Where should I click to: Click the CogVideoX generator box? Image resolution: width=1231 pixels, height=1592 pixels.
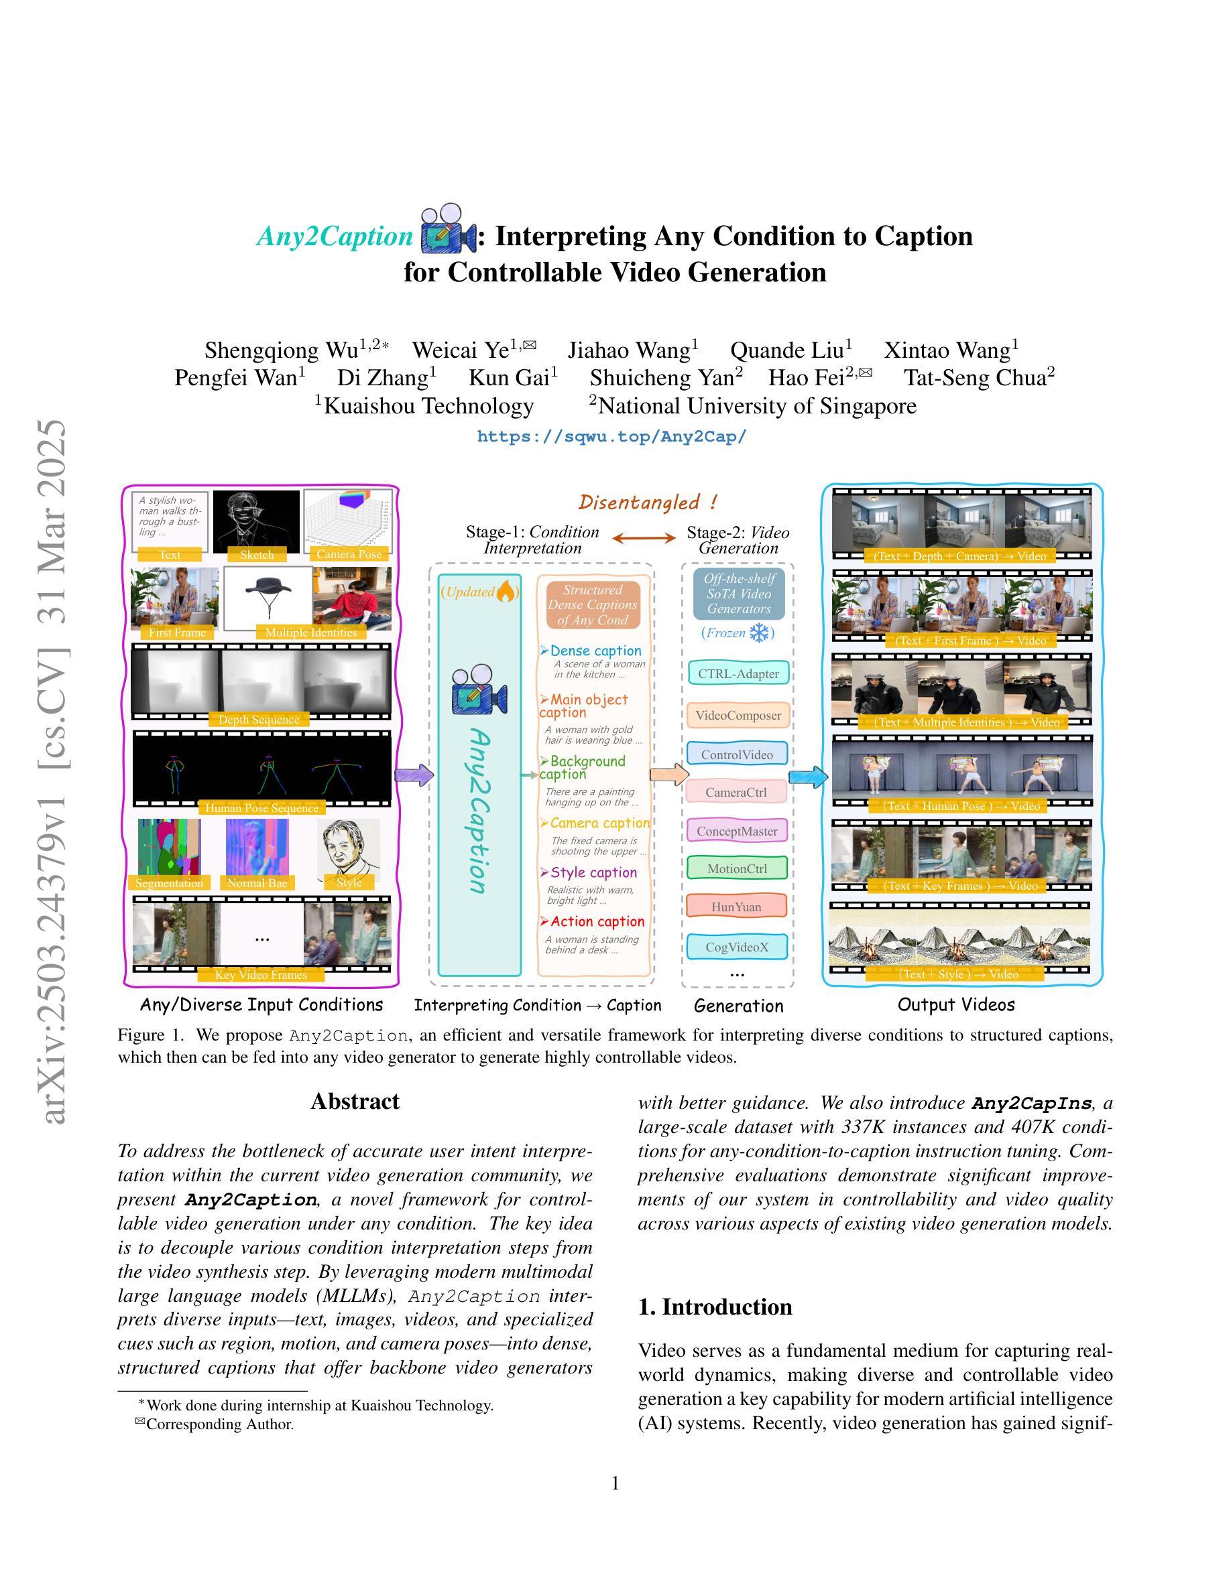[738, 947]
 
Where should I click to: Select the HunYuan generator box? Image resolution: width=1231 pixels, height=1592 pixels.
[738, 907]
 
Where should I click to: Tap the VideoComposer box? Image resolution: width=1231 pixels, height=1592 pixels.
[738, 715]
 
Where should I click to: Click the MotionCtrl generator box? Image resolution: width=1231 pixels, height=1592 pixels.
[737, 868]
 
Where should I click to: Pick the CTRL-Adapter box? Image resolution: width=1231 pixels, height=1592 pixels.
[738, 673]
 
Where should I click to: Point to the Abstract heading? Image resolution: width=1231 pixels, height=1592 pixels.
[355, 1101]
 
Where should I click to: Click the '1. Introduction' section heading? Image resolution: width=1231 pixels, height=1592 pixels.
[715, 1307]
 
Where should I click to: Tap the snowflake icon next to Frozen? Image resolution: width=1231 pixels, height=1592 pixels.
[760, 633]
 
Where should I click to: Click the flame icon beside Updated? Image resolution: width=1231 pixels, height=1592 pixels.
[506, 592]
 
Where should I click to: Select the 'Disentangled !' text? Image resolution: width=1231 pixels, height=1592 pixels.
[648, 503]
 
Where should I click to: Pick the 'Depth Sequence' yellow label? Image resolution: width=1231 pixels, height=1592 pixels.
[259, 720]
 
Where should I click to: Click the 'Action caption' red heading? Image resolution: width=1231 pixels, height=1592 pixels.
[597, 921]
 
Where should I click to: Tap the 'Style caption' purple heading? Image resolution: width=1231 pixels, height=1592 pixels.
[593, 872]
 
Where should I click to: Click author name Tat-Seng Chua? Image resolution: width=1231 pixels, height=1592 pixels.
[979, 378]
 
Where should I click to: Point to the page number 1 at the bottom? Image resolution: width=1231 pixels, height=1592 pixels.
[615, 1483]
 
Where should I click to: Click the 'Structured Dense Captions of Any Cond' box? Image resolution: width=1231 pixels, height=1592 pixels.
[592, 605]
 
